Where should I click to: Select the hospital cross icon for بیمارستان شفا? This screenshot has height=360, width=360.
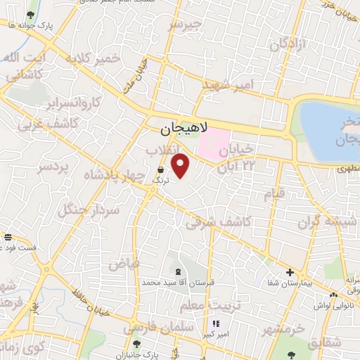289,272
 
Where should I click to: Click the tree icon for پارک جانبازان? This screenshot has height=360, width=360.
136,344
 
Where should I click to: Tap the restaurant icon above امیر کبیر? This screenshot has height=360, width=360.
215,324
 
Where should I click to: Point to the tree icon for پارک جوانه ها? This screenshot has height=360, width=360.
30,14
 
